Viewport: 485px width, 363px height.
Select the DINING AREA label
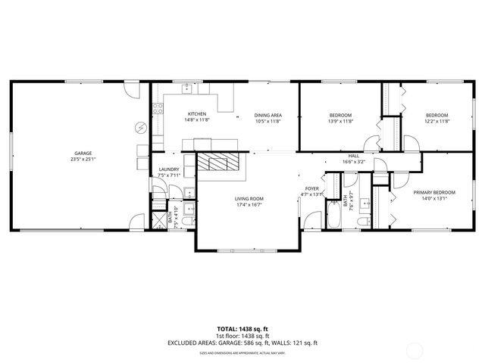268,114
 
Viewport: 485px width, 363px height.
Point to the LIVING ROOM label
249,198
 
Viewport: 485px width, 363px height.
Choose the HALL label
354,156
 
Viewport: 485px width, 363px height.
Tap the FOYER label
312,188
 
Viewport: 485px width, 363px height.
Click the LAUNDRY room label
168,170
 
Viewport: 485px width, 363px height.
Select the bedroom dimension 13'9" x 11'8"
340,120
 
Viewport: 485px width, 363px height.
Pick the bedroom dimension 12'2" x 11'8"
436,120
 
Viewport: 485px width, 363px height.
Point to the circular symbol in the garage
139,126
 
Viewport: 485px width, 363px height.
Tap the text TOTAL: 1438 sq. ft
242,330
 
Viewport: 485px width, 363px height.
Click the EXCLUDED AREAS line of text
242,343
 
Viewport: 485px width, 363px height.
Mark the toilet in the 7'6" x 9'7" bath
363,219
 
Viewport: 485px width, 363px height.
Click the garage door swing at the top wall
131,89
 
